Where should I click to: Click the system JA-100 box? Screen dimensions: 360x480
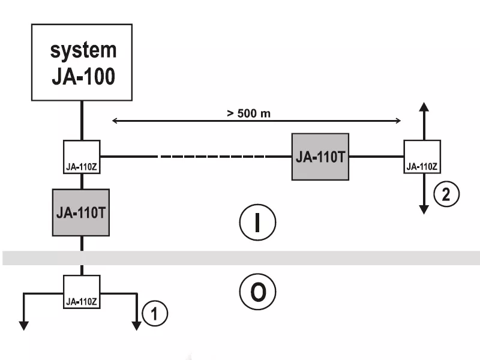click(81, 62)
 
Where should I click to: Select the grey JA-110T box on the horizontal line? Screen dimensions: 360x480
click(320, 157)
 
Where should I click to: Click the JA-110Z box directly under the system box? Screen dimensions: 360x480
click(82, 157)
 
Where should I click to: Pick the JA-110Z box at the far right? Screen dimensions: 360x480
click(422, 157)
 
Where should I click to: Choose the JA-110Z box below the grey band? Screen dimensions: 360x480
click(82, 292)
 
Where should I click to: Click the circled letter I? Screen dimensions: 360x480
click(257, 223)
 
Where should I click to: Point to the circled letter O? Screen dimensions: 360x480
click(257, 292)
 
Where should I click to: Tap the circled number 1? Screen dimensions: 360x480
click(156, 313)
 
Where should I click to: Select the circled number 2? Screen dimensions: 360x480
click(447, 194)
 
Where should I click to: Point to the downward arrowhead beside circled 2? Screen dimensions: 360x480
click(424, 209)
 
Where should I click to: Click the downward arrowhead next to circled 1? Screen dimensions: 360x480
click(137, 325)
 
